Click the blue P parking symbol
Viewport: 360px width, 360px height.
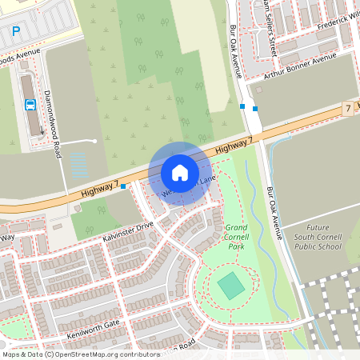(16, 32)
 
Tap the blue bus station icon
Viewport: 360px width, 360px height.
(30, 104)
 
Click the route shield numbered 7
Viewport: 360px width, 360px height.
(347, 107)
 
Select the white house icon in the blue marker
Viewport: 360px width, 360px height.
(180, 173)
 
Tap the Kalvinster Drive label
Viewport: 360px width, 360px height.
(128, 232)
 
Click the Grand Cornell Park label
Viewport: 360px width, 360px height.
(236, 238)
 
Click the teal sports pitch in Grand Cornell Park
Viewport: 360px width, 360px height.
(230, 286)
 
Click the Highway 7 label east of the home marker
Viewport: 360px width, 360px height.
(234, 146)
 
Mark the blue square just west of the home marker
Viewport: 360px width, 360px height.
(123, 186)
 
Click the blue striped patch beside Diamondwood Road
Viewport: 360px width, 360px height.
(78, 166)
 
